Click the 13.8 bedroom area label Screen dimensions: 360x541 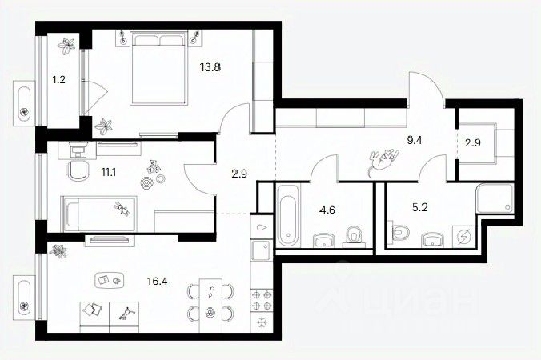[x=210, y=68]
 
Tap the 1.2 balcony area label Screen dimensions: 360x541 [x=58, y=80]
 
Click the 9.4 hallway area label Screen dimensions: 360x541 [x=415, y=139]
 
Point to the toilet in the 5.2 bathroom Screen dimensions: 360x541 [x=400, y=234]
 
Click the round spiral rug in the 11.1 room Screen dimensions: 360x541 [x=146, y=183]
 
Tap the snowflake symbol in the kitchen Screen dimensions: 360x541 [x=262, y=321]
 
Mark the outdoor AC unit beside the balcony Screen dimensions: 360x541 [x=24, y=102]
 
